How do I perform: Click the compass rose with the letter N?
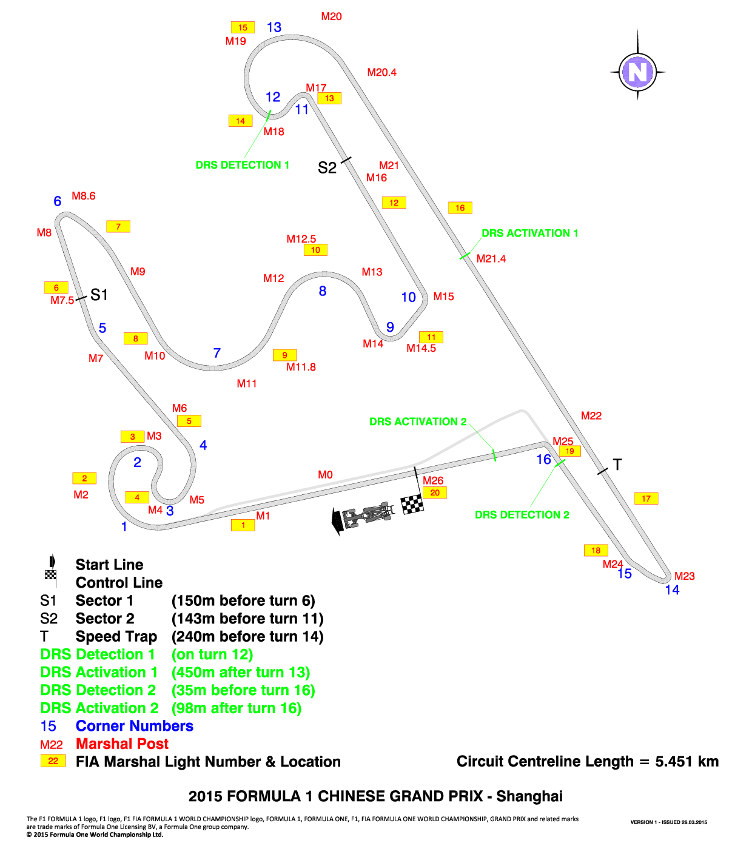pos(637,72)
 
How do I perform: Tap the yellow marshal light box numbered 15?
pos(243,27)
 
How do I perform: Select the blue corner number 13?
pos(274,27)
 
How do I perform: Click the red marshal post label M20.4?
pos(381,72)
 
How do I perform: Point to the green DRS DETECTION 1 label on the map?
pos(243,165)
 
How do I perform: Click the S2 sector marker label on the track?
pos(327,168)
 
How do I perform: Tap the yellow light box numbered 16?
pos(460,207)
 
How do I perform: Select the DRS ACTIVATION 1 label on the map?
pos(529,233)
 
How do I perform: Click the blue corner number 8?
pos(323,291)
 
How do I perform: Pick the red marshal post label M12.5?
pos(301,239)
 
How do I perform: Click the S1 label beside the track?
pos(99,295)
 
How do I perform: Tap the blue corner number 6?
pos(58,201)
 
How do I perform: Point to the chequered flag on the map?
pos(412,505)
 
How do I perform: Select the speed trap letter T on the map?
pos(617,465)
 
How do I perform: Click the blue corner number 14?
pos(672,590)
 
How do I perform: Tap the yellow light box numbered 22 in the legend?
pos(53,761)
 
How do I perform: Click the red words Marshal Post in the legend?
pos(122,744)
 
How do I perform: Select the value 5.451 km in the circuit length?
pos(687,761)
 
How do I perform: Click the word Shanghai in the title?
pos(529,796)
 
